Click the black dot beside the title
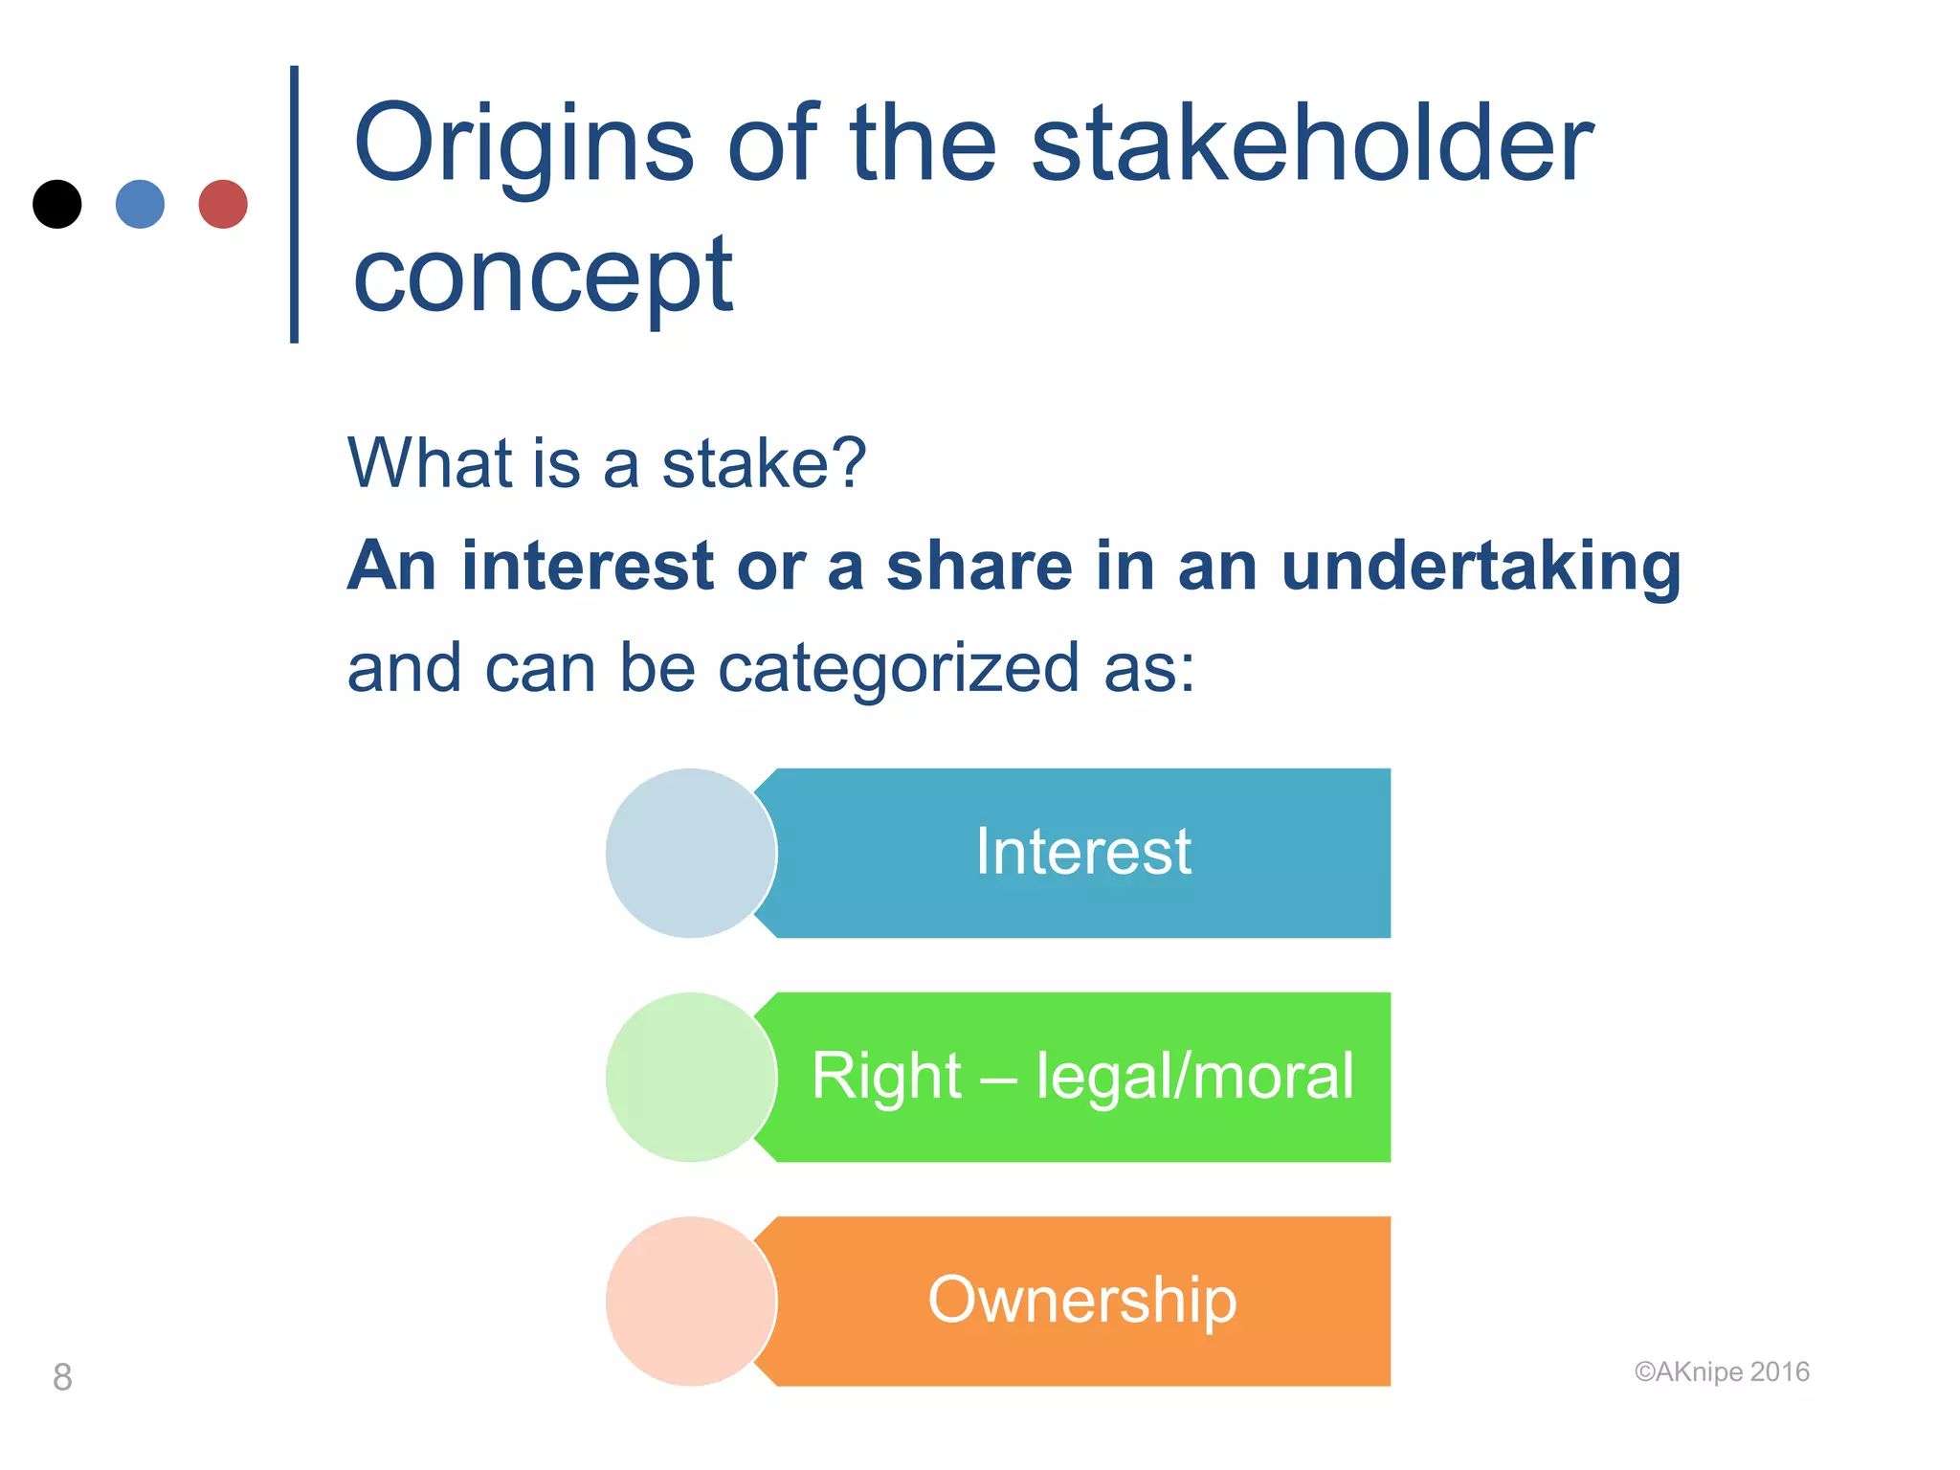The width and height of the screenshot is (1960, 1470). click(57, 204)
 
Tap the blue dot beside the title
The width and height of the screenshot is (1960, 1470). click(140, 204)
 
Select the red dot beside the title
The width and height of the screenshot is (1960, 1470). click(223, 204)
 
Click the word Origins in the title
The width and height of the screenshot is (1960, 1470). click(523, 145)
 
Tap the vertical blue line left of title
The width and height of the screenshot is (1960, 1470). click(295, 204)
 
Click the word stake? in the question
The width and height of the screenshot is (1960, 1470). click(764, 464)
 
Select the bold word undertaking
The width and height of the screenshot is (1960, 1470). click(1480, 567)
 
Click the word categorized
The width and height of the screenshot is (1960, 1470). click(899, 670)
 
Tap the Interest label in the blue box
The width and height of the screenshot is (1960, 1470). click(1082, 852)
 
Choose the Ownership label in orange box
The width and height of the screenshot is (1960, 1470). click(1082, 1301)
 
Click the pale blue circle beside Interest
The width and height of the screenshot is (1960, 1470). click(690, 853)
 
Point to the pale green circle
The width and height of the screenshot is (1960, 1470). click(690, 1077)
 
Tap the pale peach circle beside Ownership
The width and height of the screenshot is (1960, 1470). click(690, 1301)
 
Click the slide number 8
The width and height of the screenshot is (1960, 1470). click(62, 1377)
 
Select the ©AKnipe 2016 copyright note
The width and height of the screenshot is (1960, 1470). click(1721, 1372)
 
